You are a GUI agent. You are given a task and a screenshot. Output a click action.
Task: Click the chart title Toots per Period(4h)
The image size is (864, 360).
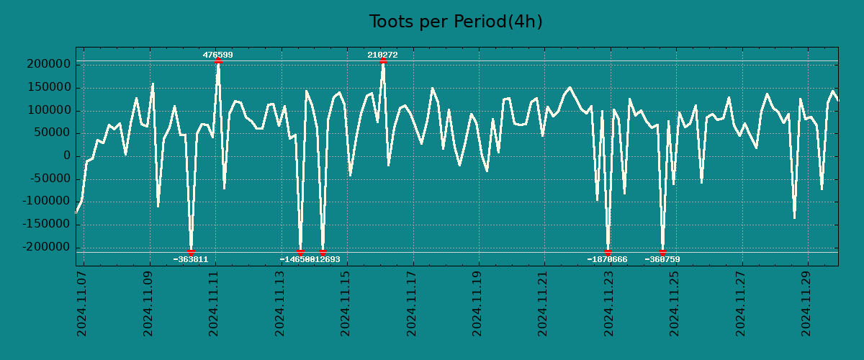[455, 22]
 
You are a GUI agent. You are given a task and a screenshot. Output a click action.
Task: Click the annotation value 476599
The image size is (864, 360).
[217, 55]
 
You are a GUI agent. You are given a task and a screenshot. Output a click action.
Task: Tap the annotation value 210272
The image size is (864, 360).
[382, 55]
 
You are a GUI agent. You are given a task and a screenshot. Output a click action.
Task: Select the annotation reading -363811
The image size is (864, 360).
[191, 259]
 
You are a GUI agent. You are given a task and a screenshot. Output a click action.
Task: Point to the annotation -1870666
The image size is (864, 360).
[607, 259]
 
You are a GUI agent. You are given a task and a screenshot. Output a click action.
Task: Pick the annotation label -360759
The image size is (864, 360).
[662, 259]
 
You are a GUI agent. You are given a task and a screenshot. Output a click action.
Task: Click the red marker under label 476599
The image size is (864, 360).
[218, 61]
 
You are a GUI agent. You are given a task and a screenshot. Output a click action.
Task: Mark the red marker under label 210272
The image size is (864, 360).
[383, 61]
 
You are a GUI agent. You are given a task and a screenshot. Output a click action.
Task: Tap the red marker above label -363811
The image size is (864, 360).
[191, 252]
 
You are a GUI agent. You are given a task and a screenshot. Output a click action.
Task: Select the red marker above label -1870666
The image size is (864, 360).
[608, 252]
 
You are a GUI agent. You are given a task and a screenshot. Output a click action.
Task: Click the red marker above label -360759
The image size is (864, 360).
[662, 252]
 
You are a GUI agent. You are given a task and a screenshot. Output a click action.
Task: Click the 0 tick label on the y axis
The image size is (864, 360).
[66, 156]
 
